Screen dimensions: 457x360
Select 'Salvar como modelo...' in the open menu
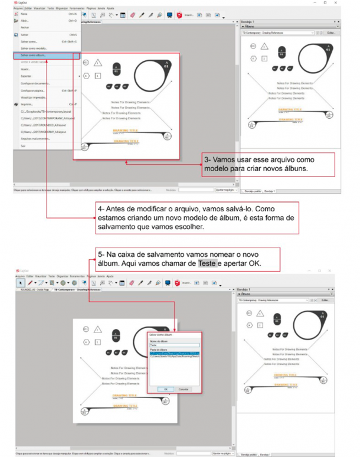[x=34, y=48]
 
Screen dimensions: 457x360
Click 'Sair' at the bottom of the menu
[x=23, y=145]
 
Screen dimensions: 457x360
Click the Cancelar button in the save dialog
[x=184, y=389]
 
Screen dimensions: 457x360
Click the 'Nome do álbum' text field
[x=174, y=345]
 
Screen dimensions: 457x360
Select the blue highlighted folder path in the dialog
[x=174, y=353]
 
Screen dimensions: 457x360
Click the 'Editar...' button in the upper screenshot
[x=331, y=33]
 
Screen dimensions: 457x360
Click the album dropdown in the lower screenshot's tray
[x=273, y=300]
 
